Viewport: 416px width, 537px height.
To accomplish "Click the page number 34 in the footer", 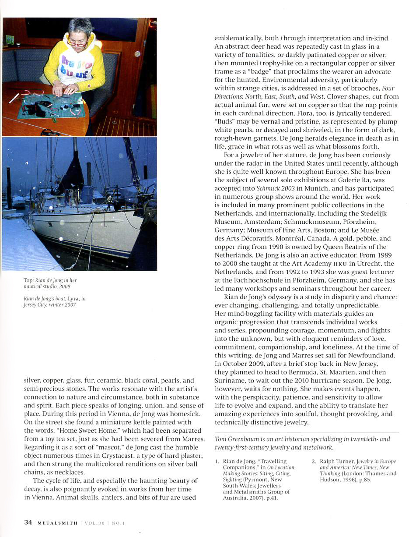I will tap(28, 522).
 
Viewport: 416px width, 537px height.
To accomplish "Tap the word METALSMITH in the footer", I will tap(58, 523).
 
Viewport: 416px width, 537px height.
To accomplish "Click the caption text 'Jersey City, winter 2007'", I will tap(49, 305).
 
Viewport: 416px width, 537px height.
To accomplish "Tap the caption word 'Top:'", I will tap(28, 280).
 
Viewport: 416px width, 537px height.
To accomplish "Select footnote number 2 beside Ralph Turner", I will tap(314, 462).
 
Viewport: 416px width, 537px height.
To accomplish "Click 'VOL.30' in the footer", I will tap(94, 523).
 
